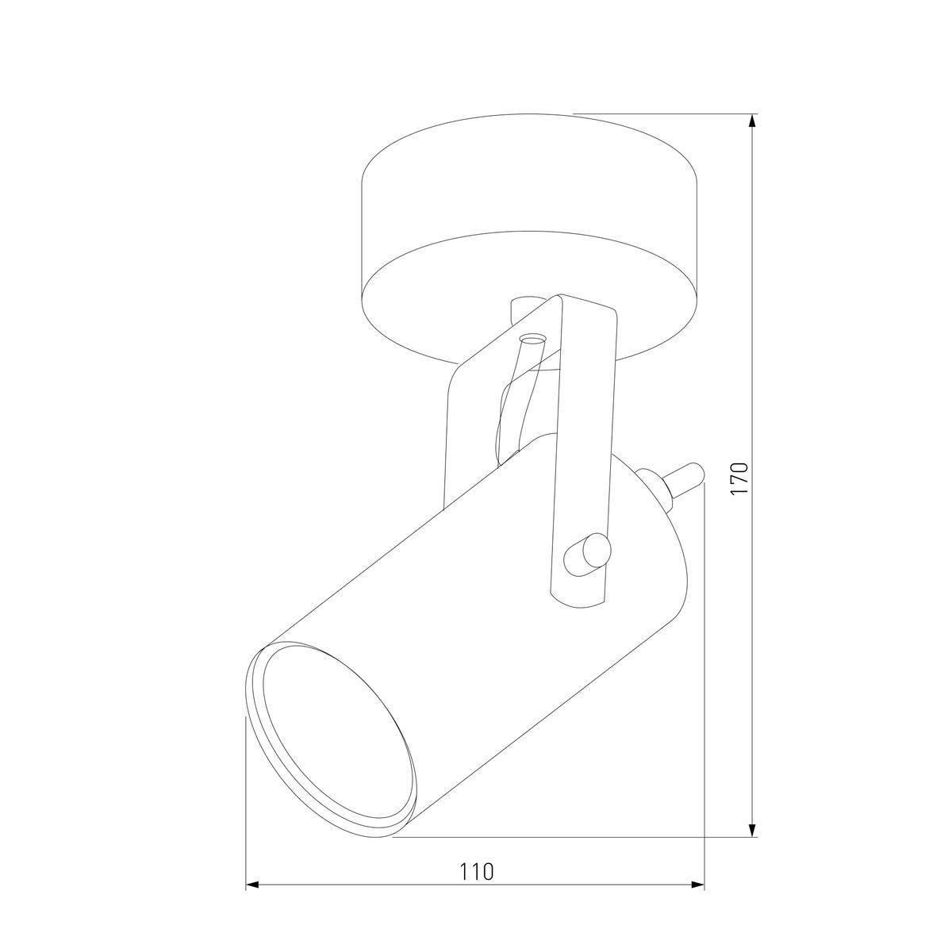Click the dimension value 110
click(476, 871)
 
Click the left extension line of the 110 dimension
click(246, 793)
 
